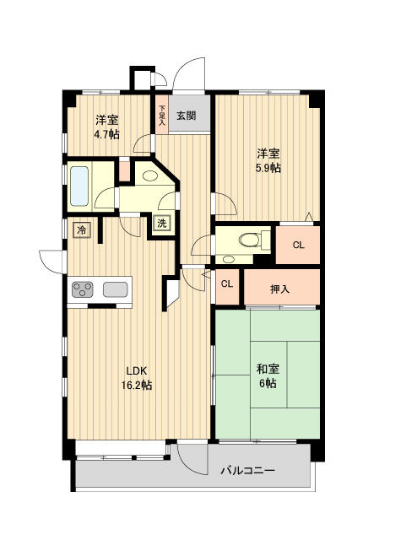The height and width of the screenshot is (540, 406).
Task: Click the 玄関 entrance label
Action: (186, 116)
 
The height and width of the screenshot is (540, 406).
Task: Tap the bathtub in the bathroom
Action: (79, 186)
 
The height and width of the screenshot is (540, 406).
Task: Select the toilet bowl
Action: (250, 239)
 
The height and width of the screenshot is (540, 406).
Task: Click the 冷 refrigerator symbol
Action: (82, 229)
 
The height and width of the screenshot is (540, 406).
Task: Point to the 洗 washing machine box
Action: (162, 223)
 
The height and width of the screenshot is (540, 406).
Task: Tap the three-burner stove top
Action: (83, 289)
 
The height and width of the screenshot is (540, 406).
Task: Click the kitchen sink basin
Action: (116, 289)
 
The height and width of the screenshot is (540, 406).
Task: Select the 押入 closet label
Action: (279, 289)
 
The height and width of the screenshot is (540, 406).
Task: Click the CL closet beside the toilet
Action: (298, 245)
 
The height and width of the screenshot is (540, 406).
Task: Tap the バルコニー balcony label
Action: (248, 470)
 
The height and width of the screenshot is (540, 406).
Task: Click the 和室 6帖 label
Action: (268, 376)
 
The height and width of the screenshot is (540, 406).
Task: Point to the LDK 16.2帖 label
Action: (137, 378)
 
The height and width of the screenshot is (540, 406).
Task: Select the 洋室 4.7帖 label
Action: (107, 127)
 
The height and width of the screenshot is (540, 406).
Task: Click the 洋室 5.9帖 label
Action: (268, 160)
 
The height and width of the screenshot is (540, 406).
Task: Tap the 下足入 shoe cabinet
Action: (162, 115)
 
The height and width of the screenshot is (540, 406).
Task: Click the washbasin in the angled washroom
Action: (149, 176)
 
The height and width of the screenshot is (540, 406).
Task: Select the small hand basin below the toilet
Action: (229, 259)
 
